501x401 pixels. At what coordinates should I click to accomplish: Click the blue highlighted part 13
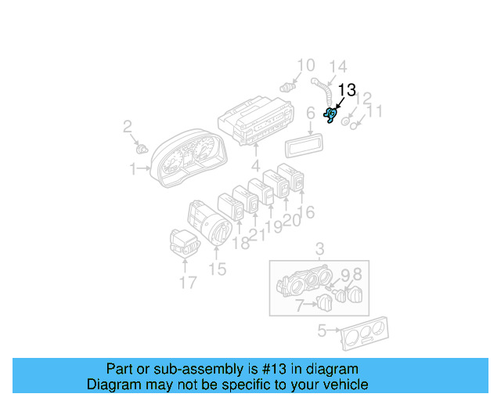[331, 117]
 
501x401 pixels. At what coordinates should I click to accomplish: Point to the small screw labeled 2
[142, 148]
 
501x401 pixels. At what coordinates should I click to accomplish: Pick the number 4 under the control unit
[255, 166]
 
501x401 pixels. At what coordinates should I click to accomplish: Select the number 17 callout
[187, 282]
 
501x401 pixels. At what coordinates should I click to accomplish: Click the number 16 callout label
[306, 211]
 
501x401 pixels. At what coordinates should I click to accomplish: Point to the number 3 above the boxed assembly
[319, 250]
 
